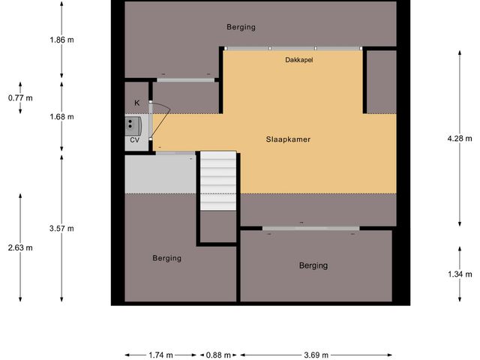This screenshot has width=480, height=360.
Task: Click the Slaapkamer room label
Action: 288,139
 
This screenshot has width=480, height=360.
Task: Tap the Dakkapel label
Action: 299,59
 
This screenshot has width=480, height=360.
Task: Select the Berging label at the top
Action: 241,27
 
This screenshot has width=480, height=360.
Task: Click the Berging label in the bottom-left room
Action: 166,258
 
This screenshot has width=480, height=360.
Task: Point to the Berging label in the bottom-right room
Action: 313,265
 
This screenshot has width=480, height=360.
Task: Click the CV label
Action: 135,139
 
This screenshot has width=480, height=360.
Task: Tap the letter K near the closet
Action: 136,102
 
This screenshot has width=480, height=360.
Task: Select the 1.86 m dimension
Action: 60,41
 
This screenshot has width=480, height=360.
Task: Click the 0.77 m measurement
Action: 20,98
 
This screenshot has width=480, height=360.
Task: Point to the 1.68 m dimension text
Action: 60,117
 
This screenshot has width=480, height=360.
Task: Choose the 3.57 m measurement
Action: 60,228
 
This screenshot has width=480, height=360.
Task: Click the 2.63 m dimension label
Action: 20,248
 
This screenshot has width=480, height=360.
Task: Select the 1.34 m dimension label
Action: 457,275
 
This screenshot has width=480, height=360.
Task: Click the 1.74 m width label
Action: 160,355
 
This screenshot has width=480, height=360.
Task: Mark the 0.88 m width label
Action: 217,355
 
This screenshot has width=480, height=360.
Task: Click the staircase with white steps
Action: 218,181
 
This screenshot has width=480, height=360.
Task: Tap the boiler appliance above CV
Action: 133,124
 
